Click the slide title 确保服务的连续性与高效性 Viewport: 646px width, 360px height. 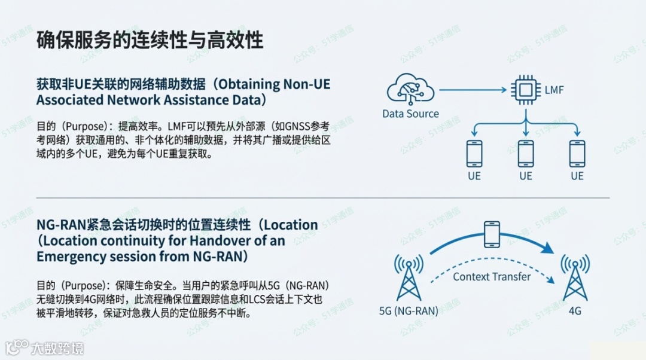[x=150, y=40]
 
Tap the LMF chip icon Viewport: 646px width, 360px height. [x=525, y=91]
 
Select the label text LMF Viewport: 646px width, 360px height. [x=554, y=91]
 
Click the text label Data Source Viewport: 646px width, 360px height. [x=410, y=114]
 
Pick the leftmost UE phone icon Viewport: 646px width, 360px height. [x=474, y=153]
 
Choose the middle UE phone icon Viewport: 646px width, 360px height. [x=526, y=153]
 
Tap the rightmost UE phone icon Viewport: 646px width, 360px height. [x=577, y=153]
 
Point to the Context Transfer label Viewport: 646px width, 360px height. [x=492, y=276]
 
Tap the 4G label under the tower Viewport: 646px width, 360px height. [x=575, y=312]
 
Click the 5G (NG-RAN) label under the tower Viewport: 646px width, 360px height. [x=409, y=312]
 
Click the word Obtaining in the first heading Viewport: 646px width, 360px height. [x=249, y=84]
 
